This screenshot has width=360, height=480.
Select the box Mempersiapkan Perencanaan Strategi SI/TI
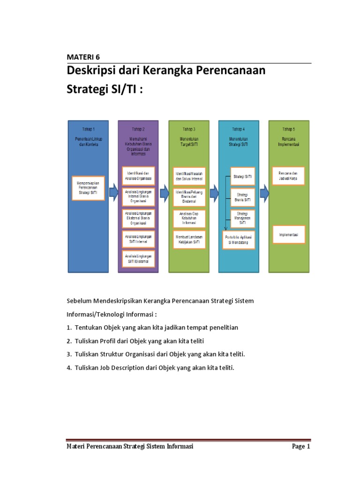click(x=88, y=188)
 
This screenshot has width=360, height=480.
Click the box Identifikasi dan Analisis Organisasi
click(x=139, y=176)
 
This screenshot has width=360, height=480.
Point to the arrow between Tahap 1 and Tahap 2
click(x=113, y=191)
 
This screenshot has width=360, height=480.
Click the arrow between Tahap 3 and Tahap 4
click(x=214, y=191)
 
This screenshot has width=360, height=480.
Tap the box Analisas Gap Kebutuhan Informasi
click(x=189, y=218)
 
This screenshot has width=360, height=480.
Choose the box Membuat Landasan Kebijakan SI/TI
click(x=189, y=240)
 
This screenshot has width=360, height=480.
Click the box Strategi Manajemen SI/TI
click(x=242, y=217)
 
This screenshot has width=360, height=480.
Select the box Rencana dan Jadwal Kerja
click(x=288, y=176)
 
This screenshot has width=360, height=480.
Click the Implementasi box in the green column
click(x=288, y=234)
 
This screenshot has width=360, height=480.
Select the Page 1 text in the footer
click(x=301, y=447)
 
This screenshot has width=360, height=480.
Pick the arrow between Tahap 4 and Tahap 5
click(x=264, y=191)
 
